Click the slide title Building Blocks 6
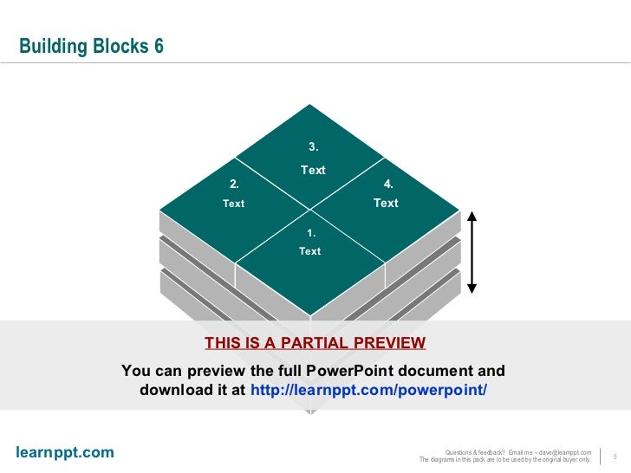point(91,47)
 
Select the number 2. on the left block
point(234,184)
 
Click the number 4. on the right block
point(388,184)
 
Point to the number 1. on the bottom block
point(310,233)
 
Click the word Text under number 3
point(313,170)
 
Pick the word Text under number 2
point(234,204)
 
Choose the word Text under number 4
point(386,203)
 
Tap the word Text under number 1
point(309,251)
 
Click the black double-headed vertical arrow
point(472,251)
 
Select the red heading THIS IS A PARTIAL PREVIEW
point(315,343)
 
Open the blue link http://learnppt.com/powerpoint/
point(368,390)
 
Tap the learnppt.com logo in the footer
point(65,452)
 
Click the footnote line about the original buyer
point(504,460)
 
